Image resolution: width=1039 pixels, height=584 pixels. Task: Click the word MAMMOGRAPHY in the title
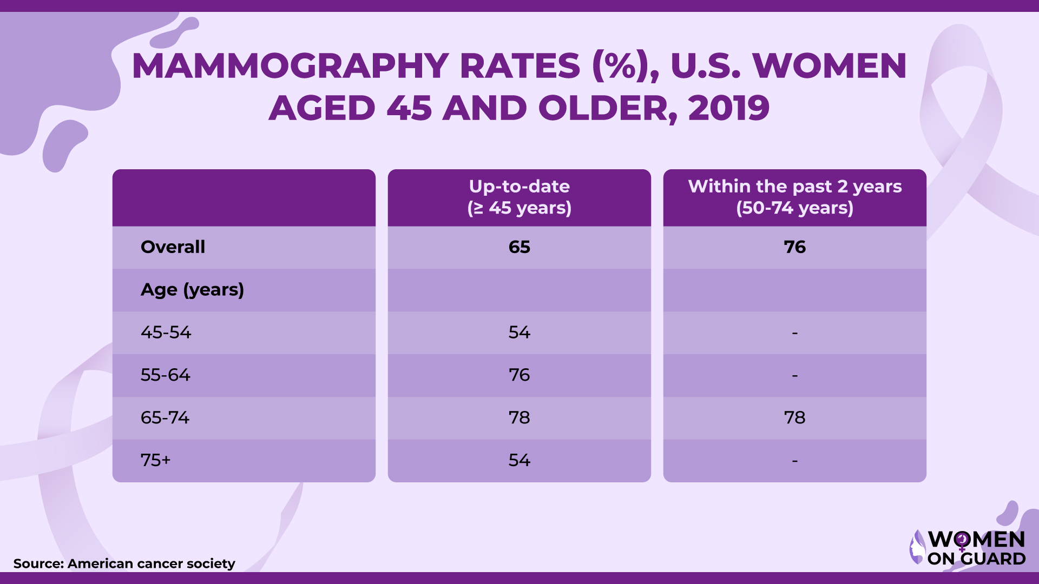click(x=290, y=66)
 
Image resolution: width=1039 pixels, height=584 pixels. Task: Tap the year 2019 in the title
click(x=728, y=108)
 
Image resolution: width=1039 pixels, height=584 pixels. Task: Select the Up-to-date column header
click(x=519, y=197)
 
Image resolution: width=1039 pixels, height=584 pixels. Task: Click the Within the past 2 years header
click(x=794, y=197)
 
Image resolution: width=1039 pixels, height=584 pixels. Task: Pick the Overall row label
click(x=173, y=247)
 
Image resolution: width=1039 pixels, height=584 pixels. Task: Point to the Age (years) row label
click(x=192, y=290)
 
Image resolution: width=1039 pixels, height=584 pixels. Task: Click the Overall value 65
click(x=519, y=247)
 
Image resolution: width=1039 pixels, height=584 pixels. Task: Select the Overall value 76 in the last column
click(x=794, y=247)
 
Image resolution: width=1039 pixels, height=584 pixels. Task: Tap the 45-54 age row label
click(x=166, y=332)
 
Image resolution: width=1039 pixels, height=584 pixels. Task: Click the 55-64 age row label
click(x=165, y=375)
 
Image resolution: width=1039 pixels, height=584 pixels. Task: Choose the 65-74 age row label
click(x=165, y=417)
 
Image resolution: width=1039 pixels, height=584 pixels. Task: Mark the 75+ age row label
click(x=155, y=460)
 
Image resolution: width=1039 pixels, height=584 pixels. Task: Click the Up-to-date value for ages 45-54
click(x=519, y=332)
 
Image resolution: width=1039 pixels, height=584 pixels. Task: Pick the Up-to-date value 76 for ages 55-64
click(x=519, y=375)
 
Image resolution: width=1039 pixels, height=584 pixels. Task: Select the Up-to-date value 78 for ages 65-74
click(x=519, y=417)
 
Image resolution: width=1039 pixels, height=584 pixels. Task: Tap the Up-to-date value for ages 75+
click(x=519, y=460)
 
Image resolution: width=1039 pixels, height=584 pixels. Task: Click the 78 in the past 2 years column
click(x=794, y=417)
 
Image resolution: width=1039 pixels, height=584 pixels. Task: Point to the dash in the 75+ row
click(x=794, y=461)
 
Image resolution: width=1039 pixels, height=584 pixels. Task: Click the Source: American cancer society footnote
click(x=124, y=563)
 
